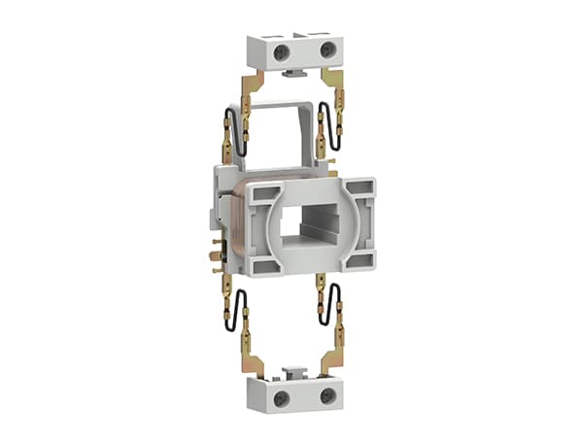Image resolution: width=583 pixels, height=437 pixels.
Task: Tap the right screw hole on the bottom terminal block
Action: [x=327, y=395]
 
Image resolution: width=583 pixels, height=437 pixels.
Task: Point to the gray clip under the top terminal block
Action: [x=291, y=72]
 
